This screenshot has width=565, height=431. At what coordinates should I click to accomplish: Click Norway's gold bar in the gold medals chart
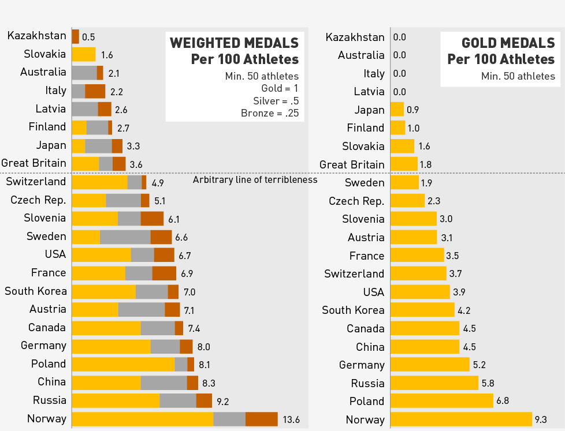click(461, 419)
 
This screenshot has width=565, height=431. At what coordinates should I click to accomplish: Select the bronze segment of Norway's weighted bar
click(262, 419)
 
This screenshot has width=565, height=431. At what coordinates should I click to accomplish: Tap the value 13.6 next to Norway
click(291, 419)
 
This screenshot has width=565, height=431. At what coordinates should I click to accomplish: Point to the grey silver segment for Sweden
click(125, 237)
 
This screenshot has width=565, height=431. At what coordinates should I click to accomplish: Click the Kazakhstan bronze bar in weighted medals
click(75, 36)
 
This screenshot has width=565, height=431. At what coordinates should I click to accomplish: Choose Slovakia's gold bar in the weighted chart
click(84, 55)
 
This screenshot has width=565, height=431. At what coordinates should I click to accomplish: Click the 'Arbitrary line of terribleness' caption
click(255, 179)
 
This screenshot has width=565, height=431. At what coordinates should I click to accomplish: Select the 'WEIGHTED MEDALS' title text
click(234, 43)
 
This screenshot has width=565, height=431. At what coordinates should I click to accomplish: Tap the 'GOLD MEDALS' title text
click(508, 43)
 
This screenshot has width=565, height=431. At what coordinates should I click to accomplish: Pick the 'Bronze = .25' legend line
click(270, 113)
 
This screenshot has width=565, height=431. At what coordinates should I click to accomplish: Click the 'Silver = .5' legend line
click(274, 100)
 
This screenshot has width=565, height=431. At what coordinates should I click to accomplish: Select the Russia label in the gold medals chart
click(367, 383)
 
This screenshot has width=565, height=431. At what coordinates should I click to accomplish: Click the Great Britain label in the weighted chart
click(34, 163)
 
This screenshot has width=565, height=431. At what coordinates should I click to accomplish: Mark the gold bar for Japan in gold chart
click(397, 110)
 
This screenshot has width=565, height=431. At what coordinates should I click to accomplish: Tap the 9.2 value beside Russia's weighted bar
click(223, 401)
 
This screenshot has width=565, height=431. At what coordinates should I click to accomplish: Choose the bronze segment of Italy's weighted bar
click(95, 91)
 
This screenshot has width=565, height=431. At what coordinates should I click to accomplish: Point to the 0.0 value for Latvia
click(399, 92)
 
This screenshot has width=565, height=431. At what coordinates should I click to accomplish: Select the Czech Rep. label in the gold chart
click(356, 201)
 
